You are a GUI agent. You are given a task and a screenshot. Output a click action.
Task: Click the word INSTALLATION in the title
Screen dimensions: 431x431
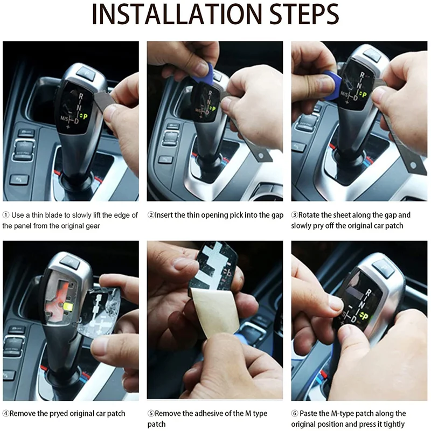point(177,14)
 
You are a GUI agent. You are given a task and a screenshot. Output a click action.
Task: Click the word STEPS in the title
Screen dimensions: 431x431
point(304,14)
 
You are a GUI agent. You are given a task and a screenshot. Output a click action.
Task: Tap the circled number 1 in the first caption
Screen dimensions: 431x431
point(6,215)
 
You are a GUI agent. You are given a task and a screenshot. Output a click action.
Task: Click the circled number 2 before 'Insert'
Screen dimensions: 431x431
point(151,215)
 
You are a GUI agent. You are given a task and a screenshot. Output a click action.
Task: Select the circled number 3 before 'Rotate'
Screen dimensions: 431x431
point(295,215)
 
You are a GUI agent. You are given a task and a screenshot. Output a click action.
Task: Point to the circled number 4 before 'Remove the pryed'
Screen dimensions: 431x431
point(6,413)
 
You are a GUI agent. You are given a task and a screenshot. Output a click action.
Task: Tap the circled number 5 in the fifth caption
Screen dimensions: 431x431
point(151,413)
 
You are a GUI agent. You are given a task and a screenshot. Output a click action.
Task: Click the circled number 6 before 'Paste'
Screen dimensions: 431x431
point(295,413)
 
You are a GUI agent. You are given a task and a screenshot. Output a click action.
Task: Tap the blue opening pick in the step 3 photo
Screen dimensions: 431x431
point(332,85)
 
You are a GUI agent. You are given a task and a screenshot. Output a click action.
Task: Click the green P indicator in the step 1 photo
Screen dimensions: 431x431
point(85,116)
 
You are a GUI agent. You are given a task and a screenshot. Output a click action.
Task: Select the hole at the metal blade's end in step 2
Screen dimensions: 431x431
point(261,156)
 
